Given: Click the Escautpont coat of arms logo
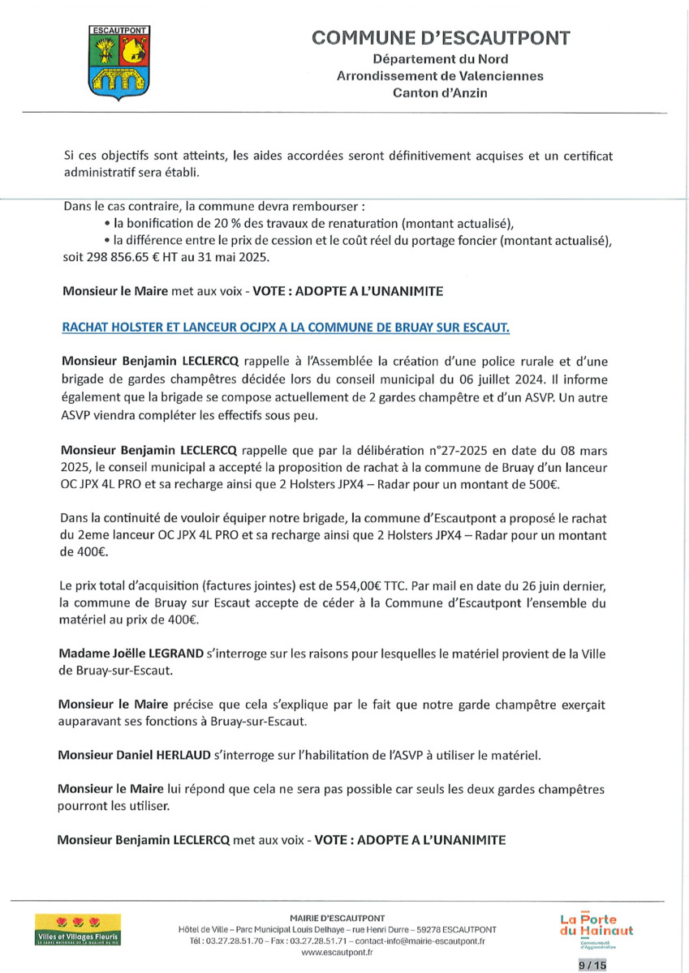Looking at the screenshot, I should point(118,62).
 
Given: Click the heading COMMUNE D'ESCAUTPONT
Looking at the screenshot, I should point(441,38).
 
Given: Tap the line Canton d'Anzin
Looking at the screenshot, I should point(440,93).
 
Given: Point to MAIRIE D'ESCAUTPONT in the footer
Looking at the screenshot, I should point(337,917).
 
